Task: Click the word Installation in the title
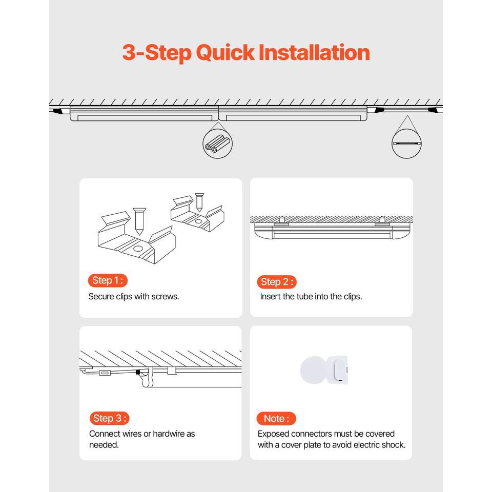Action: click(314, 52)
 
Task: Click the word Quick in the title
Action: click(225, 53)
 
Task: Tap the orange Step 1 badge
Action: click(108, 280)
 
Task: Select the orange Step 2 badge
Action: click(276, 282)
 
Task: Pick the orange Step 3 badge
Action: click(109, 418)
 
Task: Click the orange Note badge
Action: click(276, 419)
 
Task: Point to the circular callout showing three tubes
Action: click(217, 143)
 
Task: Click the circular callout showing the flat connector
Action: click(406, 143)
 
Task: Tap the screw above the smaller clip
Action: click(199, 202)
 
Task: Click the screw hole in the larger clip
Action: click(137, 249)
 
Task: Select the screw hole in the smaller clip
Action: click(198, 221)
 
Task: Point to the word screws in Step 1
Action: click(165, 297)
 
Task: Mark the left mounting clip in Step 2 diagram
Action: click(281, 221)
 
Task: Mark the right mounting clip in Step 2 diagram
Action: click(382, 221)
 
